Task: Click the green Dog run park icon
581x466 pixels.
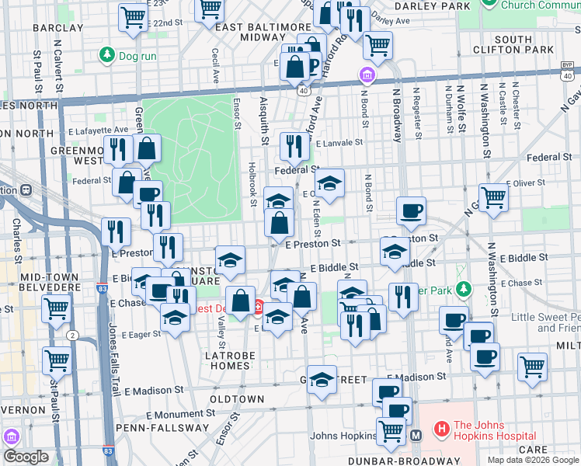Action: (x=106, y=55)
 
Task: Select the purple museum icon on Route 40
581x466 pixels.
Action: (x=367, y=76)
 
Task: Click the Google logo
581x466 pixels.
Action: (x=26, y=457)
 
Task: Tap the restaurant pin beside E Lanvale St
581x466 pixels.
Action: (x=294, y=144)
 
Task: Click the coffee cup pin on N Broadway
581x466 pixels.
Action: (x=411, y=210)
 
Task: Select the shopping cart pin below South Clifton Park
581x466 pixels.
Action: (x=377, y=44)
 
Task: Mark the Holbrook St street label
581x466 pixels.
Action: (x=252, y=185)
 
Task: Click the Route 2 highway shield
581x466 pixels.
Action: (x=72, y=335)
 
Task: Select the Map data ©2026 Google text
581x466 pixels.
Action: (x=532, y=459)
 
